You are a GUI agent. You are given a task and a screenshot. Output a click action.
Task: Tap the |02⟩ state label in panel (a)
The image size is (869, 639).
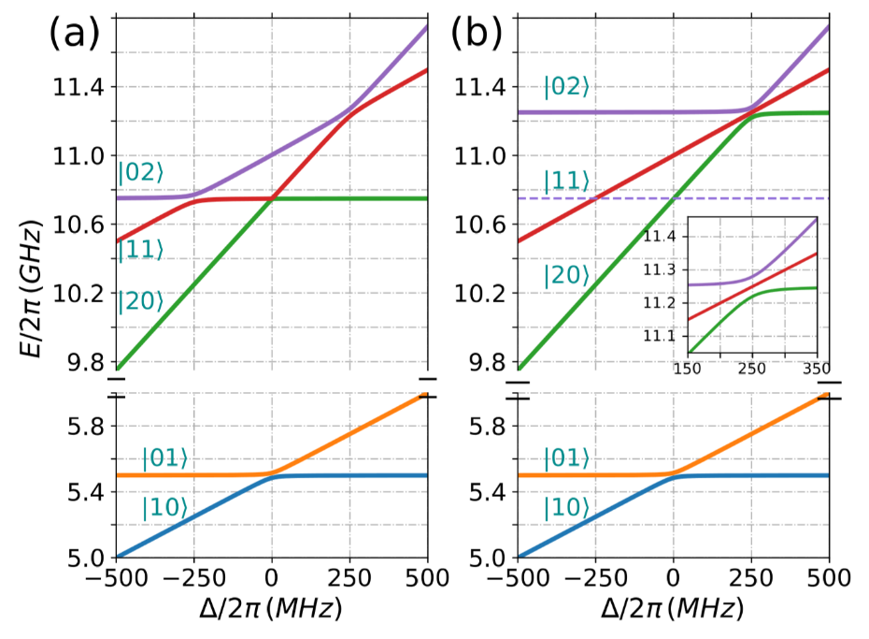(x=139, y=174)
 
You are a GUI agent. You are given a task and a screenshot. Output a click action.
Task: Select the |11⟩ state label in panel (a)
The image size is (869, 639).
(x=139, y=249)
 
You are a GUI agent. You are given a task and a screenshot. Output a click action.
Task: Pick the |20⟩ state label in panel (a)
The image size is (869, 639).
(x=139, y=301)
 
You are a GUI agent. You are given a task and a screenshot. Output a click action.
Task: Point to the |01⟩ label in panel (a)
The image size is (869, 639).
(x=164, y=458)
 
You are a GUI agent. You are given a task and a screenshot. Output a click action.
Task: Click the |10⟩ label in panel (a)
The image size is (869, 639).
(x=164, y=509)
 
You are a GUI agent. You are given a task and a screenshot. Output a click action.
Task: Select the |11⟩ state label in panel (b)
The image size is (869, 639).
(x=566, y=182)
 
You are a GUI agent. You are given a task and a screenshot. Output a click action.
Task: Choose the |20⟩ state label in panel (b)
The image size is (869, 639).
(x=566, y=275)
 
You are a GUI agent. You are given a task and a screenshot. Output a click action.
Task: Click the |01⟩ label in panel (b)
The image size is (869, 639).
(x=566, y=458)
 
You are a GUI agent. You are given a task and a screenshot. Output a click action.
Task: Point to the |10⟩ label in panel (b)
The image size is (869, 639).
(x=566, y=509)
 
